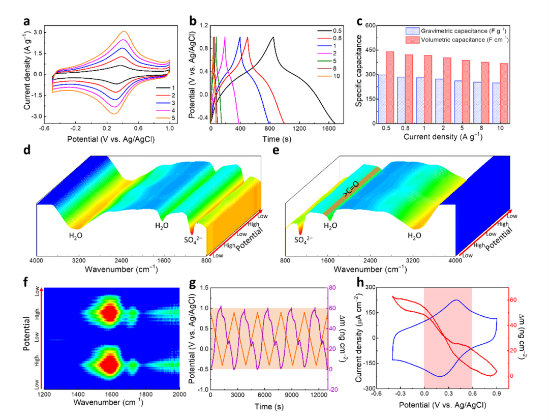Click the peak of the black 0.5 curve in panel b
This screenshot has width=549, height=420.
coord(273,37)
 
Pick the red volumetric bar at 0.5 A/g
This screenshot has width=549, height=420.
coord(390,87)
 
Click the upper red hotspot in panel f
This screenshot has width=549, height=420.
coord(108,312)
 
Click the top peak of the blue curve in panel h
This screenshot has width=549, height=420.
coord(456,300)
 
